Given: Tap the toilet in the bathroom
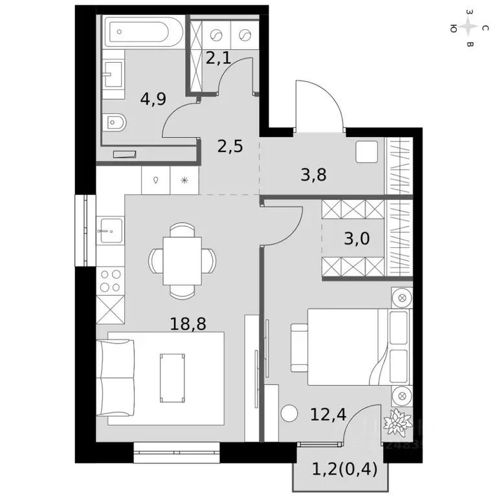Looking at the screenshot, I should click(115, 121).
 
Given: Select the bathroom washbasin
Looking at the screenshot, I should click(113, 76).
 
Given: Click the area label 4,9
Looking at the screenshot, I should click(153, 98).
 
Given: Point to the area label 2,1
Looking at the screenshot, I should click(217, 59).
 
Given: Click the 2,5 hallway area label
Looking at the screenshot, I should click(230, 146).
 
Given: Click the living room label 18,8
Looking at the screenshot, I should click(188, 324).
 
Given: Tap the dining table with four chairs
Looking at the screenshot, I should click(182, 260).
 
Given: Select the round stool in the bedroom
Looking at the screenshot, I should click(289, 413).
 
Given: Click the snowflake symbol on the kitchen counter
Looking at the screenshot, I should click(185, 181).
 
